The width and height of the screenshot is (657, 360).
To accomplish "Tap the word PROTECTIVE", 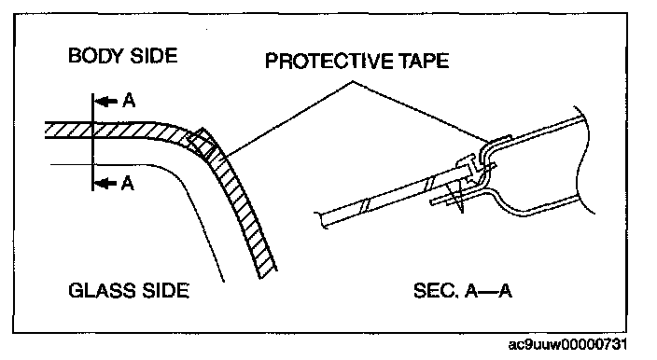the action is pos(329,61).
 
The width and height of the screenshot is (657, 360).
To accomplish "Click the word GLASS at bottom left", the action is pos(102,290).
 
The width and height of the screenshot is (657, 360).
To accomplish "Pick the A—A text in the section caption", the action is pos(489,290).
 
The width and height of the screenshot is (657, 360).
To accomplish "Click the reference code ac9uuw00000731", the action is pos(567,344).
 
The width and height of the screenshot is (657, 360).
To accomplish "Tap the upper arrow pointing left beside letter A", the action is pos(106,102).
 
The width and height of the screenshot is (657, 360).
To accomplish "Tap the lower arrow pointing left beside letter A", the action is pos(105,184).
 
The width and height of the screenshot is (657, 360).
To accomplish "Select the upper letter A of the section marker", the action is pos(129,101).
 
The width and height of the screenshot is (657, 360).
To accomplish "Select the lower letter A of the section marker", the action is pos(128,184).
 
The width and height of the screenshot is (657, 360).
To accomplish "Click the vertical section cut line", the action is pos(92,143).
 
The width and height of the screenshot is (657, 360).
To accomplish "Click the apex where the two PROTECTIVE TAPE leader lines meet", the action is pos(353,81).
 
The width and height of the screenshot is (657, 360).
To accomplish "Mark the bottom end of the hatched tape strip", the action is pos(268,274).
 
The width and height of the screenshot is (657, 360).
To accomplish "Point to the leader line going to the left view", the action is pos(289,118).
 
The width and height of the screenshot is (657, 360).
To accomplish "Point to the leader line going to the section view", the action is pos(419,110).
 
